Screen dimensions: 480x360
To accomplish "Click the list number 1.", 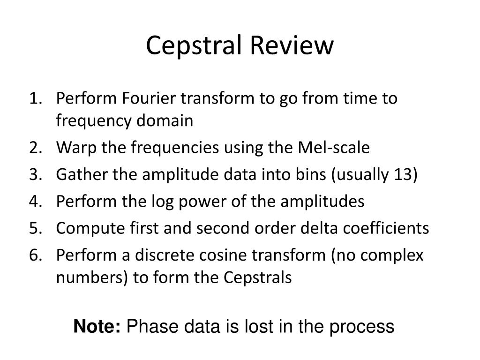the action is [36, 98].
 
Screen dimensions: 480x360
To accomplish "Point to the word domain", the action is [165, 120].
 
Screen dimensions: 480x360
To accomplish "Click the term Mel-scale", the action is [334, 147].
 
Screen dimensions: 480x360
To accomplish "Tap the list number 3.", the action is [36, 174].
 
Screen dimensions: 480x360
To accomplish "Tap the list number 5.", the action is [36, 228].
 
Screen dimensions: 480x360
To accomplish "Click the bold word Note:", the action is [97, 326].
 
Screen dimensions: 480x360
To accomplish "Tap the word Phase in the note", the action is [152, 326].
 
